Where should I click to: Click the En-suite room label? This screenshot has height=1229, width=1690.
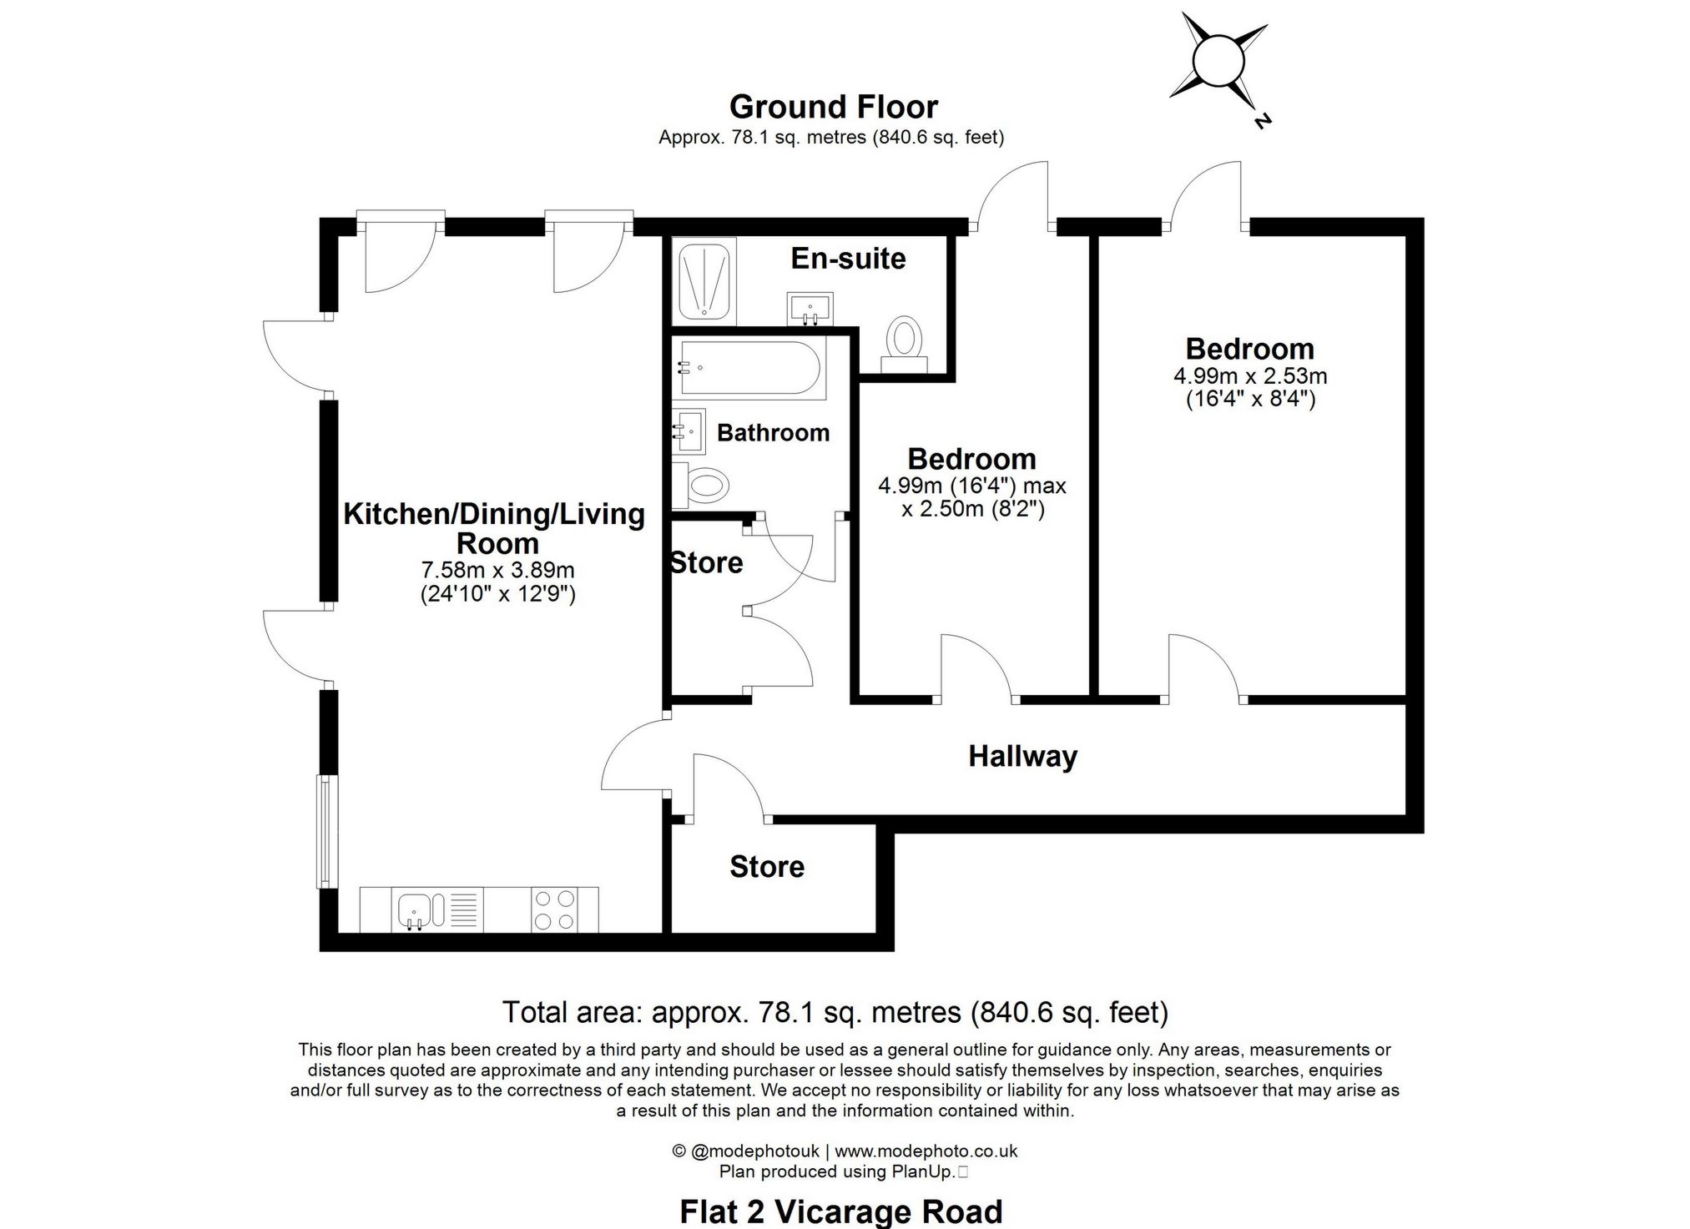[848, 259]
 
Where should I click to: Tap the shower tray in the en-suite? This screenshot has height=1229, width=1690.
[705, 280]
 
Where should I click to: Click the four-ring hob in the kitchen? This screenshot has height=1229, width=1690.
[555, 909]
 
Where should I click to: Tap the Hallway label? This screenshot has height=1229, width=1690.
[1022, 757]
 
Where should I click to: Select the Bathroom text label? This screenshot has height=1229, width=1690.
[774, 432]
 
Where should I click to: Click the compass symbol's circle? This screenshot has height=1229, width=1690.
[1218, 60]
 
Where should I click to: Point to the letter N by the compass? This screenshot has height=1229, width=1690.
[1262, 121]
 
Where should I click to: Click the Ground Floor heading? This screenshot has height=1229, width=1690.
[834, 107]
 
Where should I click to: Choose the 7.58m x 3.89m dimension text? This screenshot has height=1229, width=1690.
[498, 571]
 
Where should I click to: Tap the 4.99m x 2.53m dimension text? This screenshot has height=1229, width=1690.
[1250, 375]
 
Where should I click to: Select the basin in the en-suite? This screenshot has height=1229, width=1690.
[810, 308]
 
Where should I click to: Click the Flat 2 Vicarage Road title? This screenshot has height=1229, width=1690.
[841, 1211]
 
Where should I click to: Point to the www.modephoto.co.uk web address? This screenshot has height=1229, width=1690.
[926, 1151]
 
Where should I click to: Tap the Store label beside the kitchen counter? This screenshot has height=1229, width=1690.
[767, 867]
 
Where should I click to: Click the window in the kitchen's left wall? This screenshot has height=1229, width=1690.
[327, 832]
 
